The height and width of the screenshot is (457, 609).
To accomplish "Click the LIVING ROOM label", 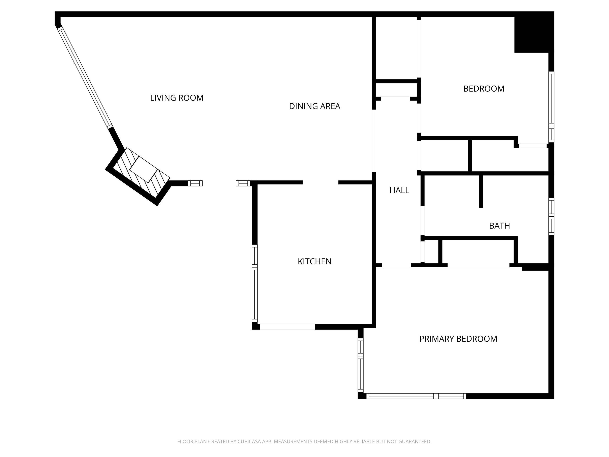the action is pos(177,98).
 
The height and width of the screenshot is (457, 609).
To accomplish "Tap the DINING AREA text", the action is pos(315,106).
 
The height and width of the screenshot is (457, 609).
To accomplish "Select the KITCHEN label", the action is pos(315,261).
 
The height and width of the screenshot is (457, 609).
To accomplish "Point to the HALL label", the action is pos(399,190).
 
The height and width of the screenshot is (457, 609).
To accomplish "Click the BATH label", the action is pos(499,226).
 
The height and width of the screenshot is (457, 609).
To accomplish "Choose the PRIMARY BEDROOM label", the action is pos(458,339).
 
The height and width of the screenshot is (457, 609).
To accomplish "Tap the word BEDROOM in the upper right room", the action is pos(484,89).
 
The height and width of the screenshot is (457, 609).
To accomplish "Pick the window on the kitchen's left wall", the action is pos(255,283).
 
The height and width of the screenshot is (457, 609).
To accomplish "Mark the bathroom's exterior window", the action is pos(551,217).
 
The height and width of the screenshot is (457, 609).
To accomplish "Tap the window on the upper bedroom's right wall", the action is pos(551,107).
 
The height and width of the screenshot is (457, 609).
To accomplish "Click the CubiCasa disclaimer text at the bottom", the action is pos(304,441).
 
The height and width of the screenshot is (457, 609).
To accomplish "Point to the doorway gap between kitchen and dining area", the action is pos(320,182).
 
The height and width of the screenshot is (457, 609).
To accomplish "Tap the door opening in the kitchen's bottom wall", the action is pos(287,327).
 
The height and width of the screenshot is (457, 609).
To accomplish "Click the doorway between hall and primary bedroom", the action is pos(396,266).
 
